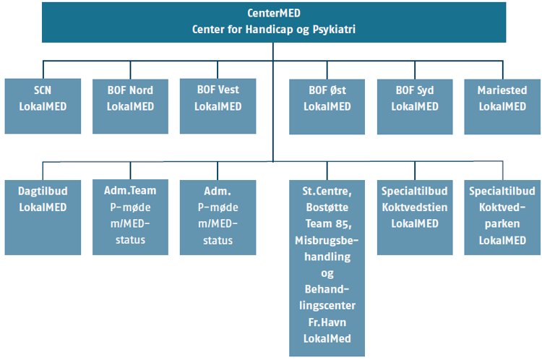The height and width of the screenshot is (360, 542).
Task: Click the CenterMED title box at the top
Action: [274, 22]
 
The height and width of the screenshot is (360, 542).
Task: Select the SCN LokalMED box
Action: [43, 106]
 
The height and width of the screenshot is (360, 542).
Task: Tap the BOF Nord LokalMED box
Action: [130, 106]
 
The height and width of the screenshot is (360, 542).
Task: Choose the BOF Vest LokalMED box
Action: [218, 106]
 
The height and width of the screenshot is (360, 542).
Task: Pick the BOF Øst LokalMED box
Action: [327, 106]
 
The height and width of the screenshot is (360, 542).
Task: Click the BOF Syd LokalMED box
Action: [415, 106]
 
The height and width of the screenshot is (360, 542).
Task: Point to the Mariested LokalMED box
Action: [502, 106]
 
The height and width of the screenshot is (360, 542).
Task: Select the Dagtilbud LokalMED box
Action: [43, 217]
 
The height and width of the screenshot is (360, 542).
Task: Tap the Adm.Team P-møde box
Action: [130, 217]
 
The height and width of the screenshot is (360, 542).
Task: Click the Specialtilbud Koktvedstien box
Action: [415, 217]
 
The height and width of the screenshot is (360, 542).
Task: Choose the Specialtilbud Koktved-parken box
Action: [502, 217]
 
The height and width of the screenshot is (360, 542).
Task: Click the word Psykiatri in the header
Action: [334, 30]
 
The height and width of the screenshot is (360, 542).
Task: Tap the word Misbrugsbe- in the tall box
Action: [327, 240]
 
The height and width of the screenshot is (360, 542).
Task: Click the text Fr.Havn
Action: [327, 322]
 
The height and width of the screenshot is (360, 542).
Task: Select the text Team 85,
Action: [328, 224]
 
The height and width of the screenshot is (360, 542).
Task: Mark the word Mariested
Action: [502, 90]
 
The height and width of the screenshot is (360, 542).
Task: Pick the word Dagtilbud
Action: [43, 192]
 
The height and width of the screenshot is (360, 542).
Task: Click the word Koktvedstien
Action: [415, 207]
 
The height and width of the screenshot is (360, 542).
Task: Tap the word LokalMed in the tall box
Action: [327, 338]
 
